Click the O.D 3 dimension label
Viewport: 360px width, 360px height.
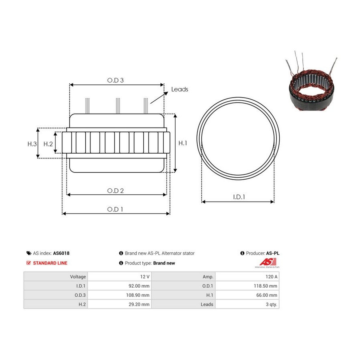[115, 80]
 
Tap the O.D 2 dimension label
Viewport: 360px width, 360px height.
[115, 190]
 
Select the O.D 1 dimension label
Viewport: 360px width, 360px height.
[115, 209]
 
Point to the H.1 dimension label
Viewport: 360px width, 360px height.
[183, 143]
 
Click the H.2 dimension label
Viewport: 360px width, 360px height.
[48, 144]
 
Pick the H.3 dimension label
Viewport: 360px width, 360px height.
[32, 144]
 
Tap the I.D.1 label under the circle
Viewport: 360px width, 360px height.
[239, 197]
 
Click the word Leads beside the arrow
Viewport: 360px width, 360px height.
[180, 89]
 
